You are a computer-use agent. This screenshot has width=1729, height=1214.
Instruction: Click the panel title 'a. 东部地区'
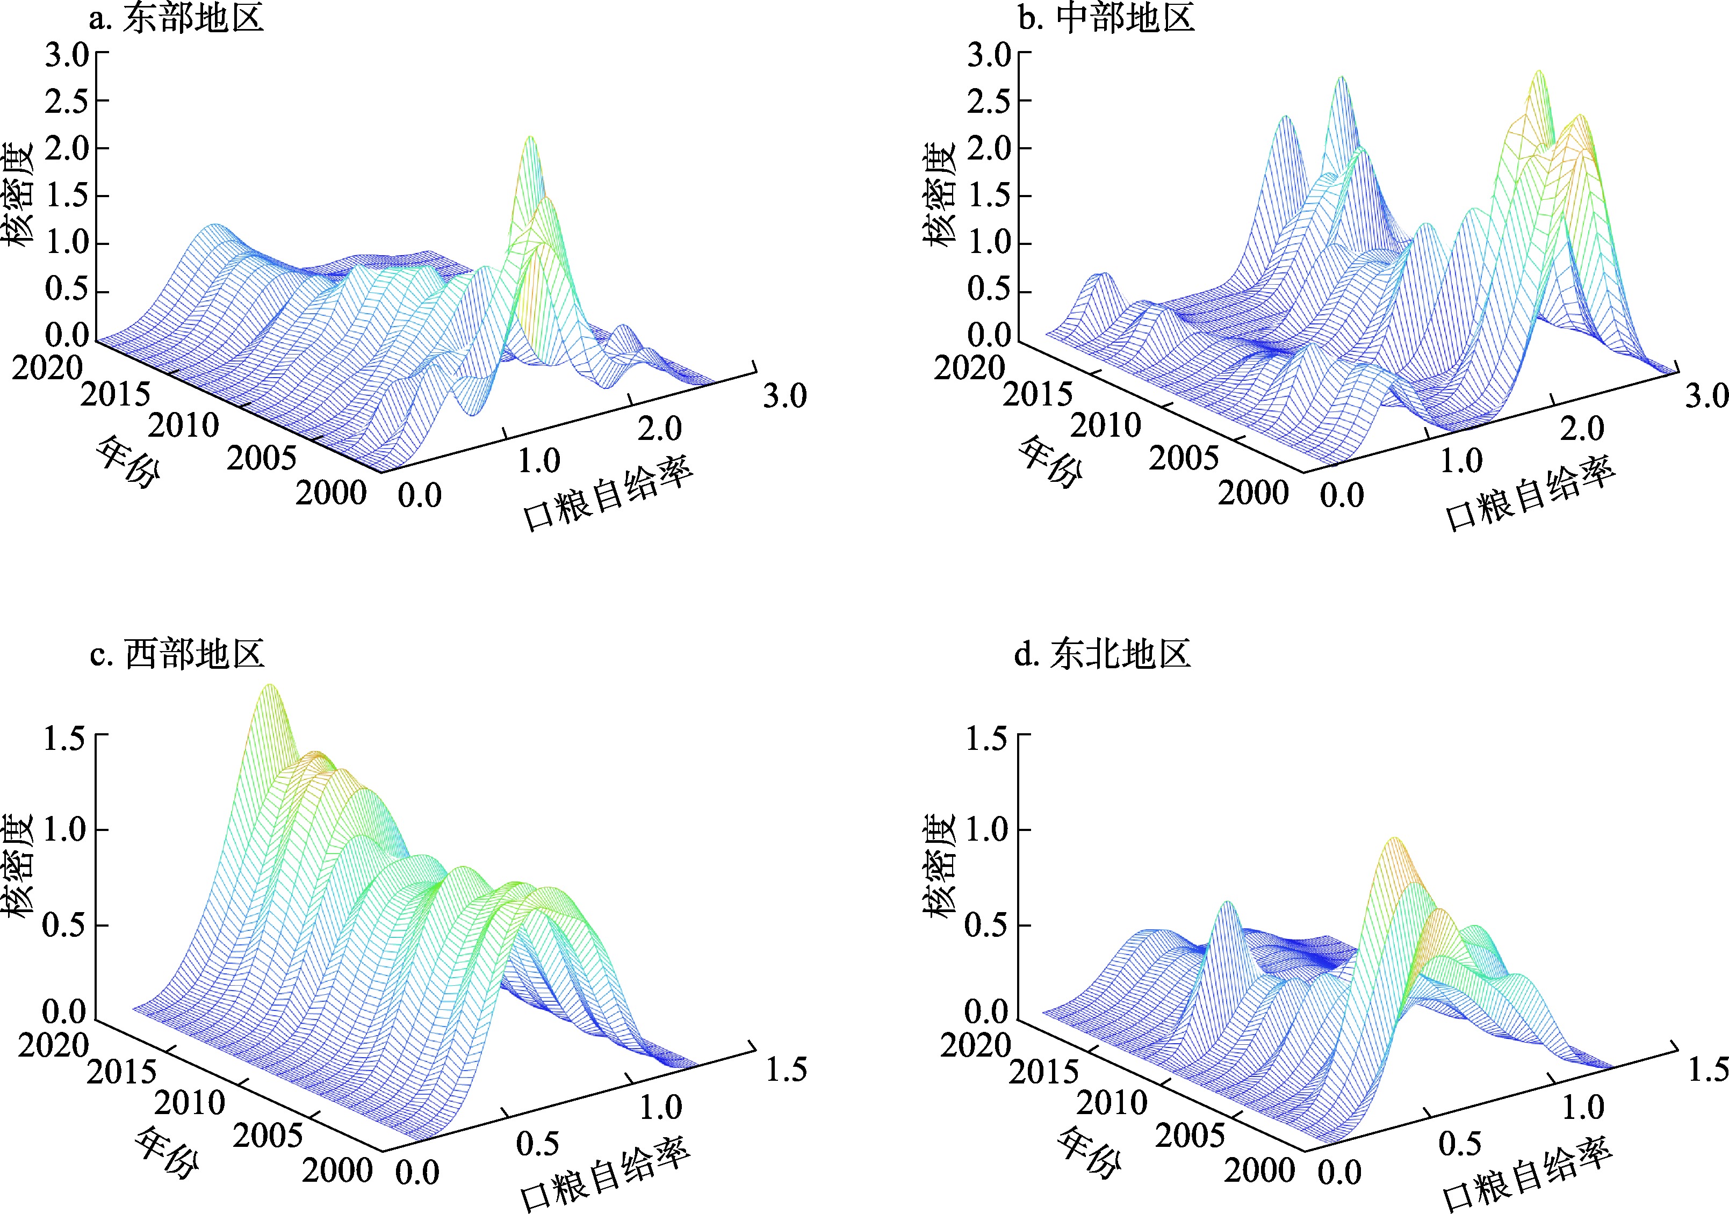(x=176, y=19)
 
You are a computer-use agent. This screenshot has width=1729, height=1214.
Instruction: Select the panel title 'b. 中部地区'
(x=1106, y=19)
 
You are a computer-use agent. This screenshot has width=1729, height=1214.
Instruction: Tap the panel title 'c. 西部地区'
(x=176, y=654)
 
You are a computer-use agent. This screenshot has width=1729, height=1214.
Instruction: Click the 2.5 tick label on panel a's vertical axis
(x=66, y=102)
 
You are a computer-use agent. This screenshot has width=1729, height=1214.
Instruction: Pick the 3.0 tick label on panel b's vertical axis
(x=989, y=55)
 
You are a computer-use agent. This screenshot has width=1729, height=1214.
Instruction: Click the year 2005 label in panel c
(x=268, y=1136)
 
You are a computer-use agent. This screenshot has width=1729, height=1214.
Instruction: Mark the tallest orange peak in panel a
(x=531, y=139)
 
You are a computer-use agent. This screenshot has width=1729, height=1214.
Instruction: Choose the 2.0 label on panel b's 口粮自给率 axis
(x=1581, y=429)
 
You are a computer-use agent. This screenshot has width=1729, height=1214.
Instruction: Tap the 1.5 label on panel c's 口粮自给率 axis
(x=786, y=1070)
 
